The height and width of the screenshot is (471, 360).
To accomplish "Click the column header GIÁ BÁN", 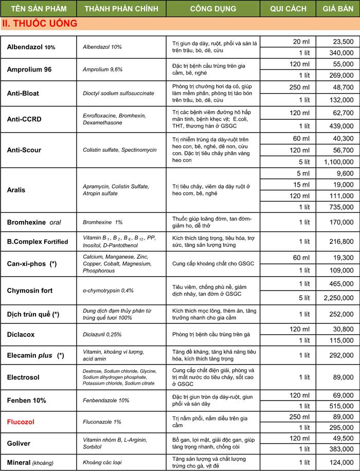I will (x=337, y=9).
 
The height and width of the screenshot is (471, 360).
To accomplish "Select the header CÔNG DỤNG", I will (x=213, y=9).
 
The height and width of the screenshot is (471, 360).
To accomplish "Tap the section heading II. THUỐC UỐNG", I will (x=40, y=24).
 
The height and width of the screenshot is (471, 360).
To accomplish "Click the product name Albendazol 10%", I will (x=31, y=47).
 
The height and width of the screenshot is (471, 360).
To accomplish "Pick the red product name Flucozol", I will (x=21, y=422).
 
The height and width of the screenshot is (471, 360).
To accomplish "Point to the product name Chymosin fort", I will (x=30, y=291).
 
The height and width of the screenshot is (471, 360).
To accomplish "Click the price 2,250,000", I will (x=338, y=297).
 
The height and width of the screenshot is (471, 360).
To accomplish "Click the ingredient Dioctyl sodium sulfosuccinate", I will (x=118, y=93).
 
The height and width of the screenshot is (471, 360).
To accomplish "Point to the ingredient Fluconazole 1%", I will (x=102, y=422).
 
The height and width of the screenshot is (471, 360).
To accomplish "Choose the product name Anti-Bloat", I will (x=23, y=93).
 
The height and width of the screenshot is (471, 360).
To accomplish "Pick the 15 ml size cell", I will (x=301, y=184).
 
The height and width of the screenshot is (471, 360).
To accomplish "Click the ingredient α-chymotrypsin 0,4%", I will (x=108, y=291).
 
